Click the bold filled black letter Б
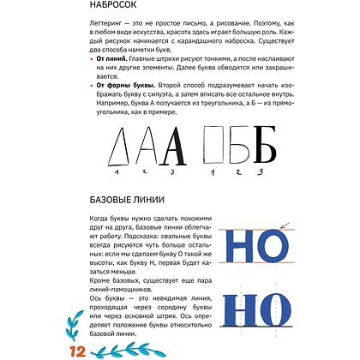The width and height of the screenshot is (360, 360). tap(266, 176)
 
